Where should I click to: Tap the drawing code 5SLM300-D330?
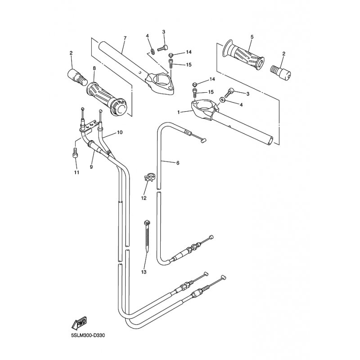[x=88, y=335]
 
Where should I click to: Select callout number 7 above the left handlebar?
[x=125, y=38]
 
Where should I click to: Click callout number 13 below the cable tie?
[x=144, y=272]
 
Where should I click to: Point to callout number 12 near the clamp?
[x=144, y=198]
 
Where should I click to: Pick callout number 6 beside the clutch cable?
[x=178, y=163]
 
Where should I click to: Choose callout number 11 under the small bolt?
[x=76, y=172]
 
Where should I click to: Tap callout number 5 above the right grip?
[x=252, y=37]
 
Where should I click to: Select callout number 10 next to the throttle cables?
[x=120, y=132]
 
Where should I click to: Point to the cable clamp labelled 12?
[x=149, y=177]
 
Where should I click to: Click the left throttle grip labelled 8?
[x=106, y=99]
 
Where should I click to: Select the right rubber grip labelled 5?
[x=243, y=54]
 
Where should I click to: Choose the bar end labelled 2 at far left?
[x=77, y=76]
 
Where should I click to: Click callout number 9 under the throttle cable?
[x=91, y=167]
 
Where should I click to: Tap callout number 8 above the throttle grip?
[x=94, y=68]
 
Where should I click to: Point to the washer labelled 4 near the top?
[x=153, y=51]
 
